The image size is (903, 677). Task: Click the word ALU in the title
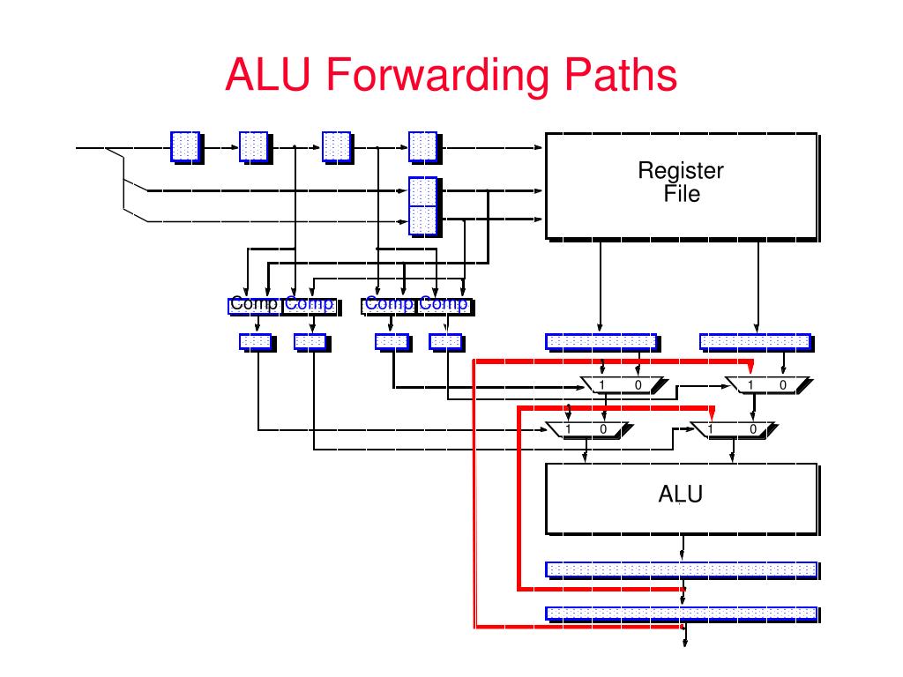(x=268, y=74)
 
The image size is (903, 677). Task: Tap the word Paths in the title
(x=620, y=74)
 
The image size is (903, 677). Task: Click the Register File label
(x=681, y=182)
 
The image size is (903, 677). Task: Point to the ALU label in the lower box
(x=680, y=494)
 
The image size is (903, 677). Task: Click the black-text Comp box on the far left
(x=255, y=306)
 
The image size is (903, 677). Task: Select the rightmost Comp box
(x=444, y=306)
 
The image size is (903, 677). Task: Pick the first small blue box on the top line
(x=185, y=147)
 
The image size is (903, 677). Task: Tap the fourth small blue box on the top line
(x=423, y=147)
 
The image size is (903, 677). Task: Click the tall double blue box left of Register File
(x=423, y=206)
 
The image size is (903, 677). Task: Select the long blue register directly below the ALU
(x=682, y=569)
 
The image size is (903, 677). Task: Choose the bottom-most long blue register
(x=682, y=614)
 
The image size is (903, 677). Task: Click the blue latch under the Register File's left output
(x=601, y=342)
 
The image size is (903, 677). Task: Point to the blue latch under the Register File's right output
(x=755, y=342)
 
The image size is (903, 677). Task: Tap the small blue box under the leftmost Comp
(x=256, y=342)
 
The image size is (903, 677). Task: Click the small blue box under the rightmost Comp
(x=445, y=342)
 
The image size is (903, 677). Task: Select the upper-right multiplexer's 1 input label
(x=750, y=384)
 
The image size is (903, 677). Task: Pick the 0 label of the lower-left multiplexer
(x=603, y=429)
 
